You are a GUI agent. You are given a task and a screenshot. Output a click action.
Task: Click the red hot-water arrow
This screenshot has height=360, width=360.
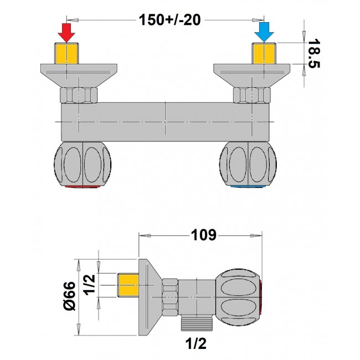click(x=66, y=33)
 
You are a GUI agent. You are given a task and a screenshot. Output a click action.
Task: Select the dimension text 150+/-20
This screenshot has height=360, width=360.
click(x=169, y=20)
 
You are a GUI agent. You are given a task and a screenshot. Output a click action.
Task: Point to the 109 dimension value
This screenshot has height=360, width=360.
click(x=203, y=235)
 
